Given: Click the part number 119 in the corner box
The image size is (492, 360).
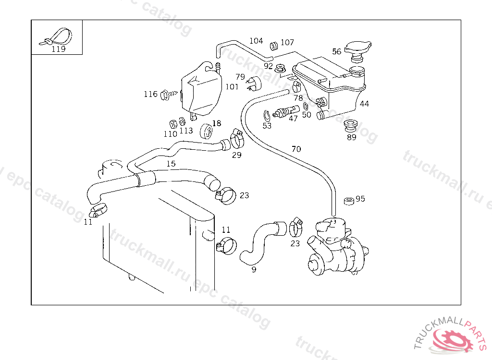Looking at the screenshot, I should coord(58,49).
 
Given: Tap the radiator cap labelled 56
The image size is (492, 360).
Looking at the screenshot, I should coord(356,51).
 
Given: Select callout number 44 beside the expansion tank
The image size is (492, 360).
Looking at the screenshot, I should coord(365,104).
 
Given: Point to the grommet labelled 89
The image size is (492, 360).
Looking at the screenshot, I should coord(351,125).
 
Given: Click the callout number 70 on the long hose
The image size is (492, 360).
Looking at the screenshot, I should coord(296,149).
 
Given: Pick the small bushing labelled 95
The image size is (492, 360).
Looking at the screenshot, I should coord(349,200).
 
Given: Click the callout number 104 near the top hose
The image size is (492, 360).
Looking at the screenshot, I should coord(256,41).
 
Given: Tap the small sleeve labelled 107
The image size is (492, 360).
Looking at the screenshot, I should coord(274,46).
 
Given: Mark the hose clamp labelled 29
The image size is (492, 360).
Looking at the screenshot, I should coord(236,139).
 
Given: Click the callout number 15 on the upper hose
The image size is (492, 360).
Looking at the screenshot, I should coord(171,164).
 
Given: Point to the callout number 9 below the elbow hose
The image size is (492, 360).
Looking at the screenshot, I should coord(254,270).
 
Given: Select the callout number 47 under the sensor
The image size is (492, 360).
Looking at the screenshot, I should coord(293,119).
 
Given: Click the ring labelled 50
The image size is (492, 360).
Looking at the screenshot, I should coord(306,106).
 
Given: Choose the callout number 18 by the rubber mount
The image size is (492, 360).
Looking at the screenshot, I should coord(217,123).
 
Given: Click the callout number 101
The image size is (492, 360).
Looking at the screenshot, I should coord(232,87).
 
